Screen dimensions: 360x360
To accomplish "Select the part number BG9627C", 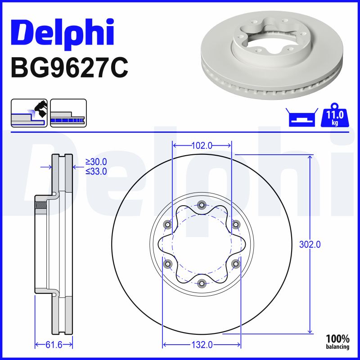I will point(69,67).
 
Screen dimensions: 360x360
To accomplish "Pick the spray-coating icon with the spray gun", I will point(29,112).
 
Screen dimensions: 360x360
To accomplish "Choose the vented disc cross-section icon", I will point(68,112).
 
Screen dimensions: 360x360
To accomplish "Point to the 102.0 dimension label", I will point(202,145).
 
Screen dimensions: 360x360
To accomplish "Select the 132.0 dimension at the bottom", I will point(202,345).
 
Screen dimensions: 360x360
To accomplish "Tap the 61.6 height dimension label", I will point(54,345).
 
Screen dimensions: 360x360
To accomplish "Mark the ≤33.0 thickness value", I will point(96,171).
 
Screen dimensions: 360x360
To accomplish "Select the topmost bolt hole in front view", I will point(202,206).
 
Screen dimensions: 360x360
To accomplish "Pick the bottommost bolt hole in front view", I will point(202,283).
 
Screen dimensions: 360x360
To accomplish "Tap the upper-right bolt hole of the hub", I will point(235,225).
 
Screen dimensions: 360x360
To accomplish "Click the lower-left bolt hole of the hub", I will point(168,264).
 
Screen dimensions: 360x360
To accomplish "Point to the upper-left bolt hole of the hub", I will point(168,225).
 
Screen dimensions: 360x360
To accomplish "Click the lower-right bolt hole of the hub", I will point(235,264).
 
